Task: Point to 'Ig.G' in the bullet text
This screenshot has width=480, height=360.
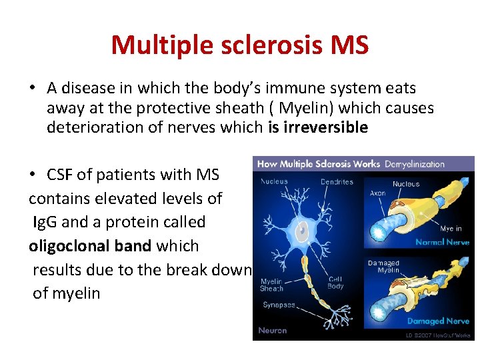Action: [x=45, y=221]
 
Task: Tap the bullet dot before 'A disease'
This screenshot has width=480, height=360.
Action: [x=32, y=89]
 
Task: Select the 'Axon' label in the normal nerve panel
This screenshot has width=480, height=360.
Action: [x=377, y=193]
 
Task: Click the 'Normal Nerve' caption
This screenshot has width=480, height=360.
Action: [x=442, y=242]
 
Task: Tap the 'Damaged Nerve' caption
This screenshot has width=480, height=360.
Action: [x=438, y=321]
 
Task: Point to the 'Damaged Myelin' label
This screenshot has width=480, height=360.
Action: [x=383, y=267]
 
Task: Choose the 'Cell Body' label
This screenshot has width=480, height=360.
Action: [x=336, y=283]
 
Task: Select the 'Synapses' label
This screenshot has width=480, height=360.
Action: [x=279, y=305]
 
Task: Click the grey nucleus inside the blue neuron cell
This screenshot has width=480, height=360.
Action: [x=303, y=231]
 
